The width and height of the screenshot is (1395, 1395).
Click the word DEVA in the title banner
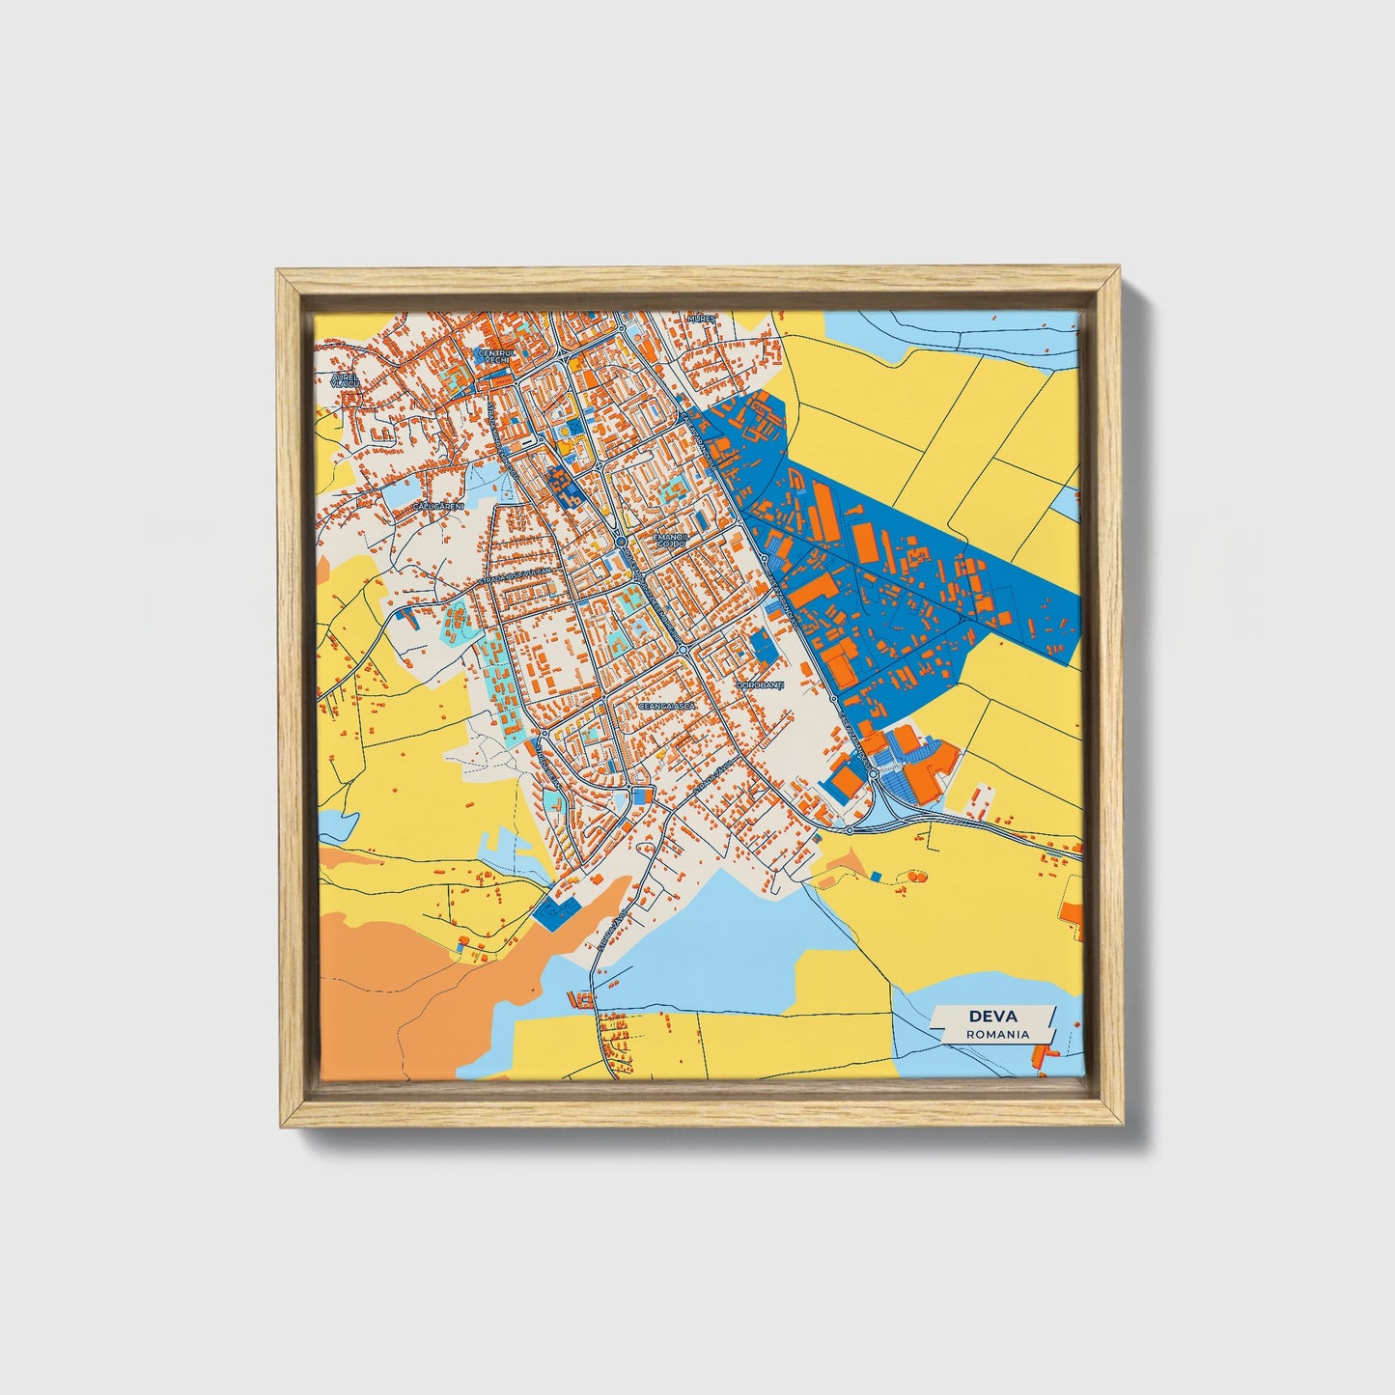(991, 1017)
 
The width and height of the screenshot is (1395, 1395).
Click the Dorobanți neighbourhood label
(761, 685)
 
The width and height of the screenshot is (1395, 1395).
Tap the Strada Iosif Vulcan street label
(517, 576)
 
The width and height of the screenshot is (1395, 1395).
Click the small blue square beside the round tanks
(876, 875)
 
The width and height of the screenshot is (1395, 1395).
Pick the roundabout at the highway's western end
(849, 829)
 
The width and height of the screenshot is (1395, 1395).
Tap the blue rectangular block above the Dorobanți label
(764, 646)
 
